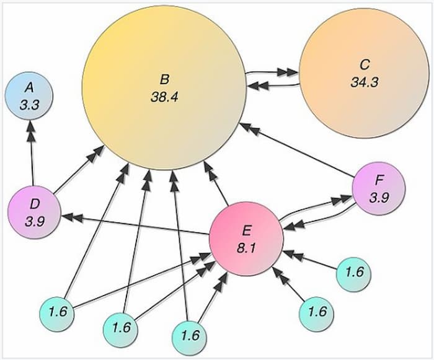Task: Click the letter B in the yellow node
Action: (164, 79)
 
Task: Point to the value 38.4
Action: (165, 97)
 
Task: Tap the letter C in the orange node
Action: (365, 64)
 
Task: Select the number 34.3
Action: (365, 82)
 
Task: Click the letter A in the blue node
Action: (29, 88)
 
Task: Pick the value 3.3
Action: (29, 105)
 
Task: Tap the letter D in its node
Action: (35, 204)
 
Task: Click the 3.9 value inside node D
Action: (35, 222)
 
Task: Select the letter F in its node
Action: (379, 181)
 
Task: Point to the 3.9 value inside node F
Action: (379, 198)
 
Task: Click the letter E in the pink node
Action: (246, 230)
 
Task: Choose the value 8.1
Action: (246, 248)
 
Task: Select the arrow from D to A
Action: (32, 153)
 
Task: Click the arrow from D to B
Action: (79, 170)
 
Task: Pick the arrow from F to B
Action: (298, 150)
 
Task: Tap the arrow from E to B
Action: (216, 184)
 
